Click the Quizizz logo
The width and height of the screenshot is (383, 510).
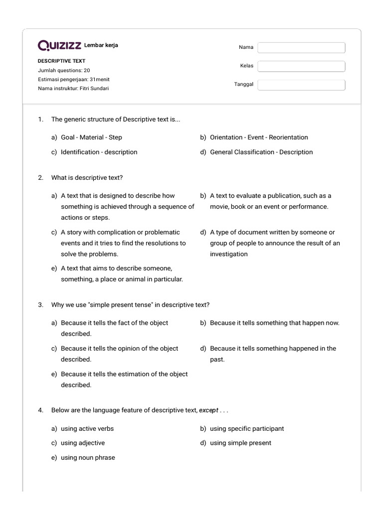(59, 46)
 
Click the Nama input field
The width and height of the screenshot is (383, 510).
(301, 47)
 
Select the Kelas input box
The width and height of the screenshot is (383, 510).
(301, 66)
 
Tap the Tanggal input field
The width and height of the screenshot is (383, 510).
(301, 85)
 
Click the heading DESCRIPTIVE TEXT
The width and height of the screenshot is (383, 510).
(62, 61)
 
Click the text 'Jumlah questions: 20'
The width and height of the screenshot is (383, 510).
(64, 70)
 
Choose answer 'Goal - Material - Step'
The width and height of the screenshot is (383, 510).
(91, 137)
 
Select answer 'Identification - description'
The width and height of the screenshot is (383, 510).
(99, 152)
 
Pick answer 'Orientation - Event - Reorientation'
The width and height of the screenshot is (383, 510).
(259, 137)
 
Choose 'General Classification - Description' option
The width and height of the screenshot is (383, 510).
(261, 152)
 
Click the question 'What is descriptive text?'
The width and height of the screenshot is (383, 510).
(87, 178)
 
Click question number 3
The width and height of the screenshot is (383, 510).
(41, 305)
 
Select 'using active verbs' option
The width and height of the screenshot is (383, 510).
(87, 428)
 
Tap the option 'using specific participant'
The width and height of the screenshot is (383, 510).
(247, 428)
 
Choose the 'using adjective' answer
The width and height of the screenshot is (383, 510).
(83, 443)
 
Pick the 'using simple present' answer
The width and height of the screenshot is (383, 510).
(240, 443)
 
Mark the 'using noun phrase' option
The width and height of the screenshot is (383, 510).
(88, 458)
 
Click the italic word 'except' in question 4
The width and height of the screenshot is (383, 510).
(208, 411)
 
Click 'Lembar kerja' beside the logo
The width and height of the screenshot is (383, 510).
(101, 46)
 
